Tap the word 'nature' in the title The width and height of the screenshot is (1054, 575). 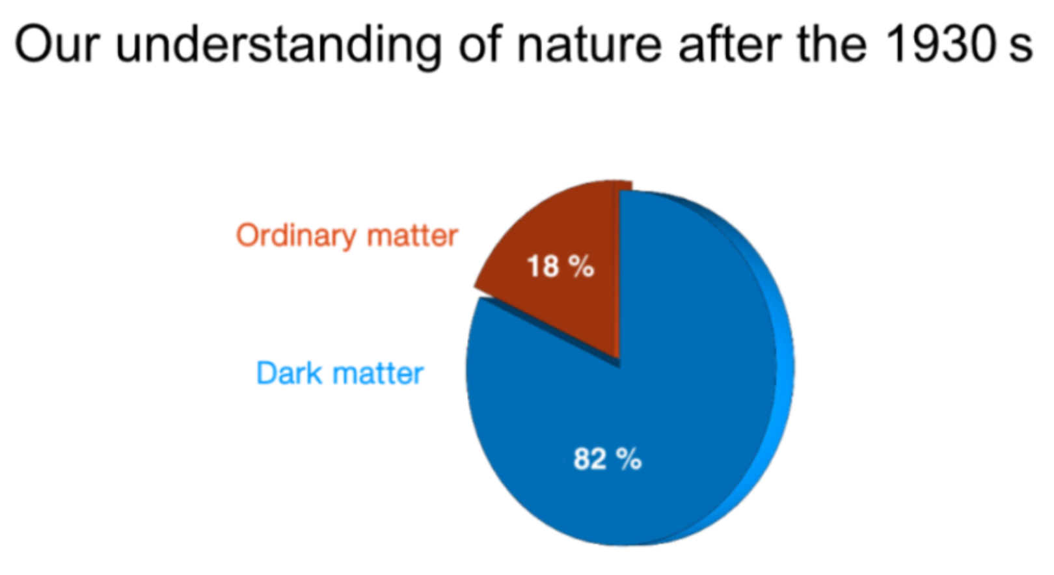[589, 46]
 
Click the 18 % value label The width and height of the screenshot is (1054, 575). [561, 266]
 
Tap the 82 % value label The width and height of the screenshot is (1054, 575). [608, 459]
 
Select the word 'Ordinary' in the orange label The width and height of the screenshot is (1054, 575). [296, 237]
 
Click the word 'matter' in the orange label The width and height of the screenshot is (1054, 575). [412, 235]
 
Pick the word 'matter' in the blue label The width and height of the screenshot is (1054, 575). [378, 374]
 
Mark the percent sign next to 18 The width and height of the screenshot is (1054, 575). [582, 266]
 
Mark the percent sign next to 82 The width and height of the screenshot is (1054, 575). [628, 459]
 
